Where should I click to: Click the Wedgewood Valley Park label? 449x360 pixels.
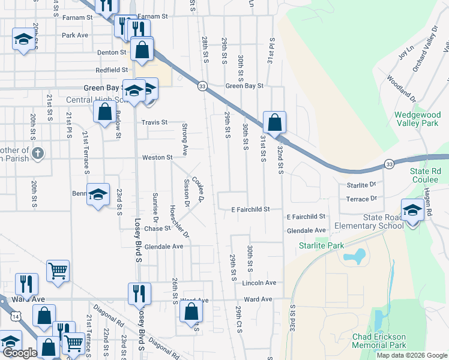click(417, 118)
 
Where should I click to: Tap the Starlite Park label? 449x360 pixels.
click(322, 245)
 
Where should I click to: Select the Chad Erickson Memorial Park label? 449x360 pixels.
click(379, 341)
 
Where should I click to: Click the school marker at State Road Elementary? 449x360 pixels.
click(412, 212)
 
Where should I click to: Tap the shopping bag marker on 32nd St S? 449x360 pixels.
click(274, 122)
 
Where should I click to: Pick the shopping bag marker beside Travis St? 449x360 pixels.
click(104, 112)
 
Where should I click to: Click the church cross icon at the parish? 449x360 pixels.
click(38, 152)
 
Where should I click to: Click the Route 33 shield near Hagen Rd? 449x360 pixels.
click(390, 164)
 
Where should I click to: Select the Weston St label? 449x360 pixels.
click(157, 158)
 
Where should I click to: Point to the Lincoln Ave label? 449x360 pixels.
click(260, 283)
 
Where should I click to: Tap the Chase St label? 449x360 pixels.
click(157, 229)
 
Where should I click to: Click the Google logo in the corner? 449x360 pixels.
click(20, 353)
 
